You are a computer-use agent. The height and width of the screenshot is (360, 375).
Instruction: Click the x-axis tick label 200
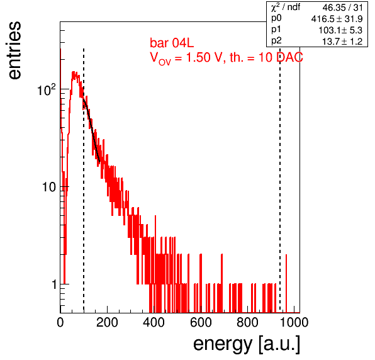[107, 322]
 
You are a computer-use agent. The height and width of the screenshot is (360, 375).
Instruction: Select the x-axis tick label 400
[154, 322]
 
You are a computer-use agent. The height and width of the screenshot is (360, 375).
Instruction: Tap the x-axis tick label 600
[201, 322]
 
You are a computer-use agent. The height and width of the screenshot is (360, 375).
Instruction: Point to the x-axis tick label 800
[247, 322]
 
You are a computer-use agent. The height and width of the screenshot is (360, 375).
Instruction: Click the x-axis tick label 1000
[293, 322]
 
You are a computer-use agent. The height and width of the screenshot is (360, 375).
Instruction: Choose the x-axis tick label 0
[60, 322]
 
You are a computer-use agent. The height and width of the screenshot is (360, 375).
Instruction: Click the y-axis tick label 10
[49, 187]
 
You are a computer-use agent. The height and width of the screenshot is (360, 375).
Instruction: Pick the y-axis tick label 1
[55, 284]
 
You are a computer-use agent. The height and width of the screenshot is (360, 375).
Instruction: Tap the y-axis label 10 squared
[47, 90]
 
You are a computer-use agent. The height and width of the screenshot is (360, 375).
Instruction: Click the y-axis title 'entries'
[14, 50]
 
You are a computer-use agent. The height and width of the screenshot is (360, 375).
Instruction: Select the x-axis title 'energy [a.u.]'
[247, 344]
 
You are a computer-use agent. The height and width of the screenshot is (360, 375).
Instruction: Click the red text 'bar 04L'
[172, 43]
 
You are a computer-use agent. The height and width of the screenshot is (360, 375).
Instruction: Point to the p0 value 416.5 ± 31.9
[337, 19]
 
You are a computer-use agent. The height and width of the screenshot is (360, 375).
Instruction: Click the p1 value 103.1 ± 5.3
[340, 30]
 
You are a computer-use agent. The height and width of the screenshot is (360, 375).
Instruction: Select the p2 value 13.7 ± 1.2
[342, 42]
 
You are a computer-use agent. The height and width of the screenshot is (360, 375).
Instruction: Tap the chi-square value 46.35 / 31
[342, 8]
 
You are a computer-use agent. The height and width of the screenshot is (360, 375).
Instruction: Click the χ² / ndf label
[286, 8]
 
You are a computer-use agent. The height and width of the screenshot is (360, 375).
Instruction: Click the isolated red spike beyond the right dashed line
[286, 283]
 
